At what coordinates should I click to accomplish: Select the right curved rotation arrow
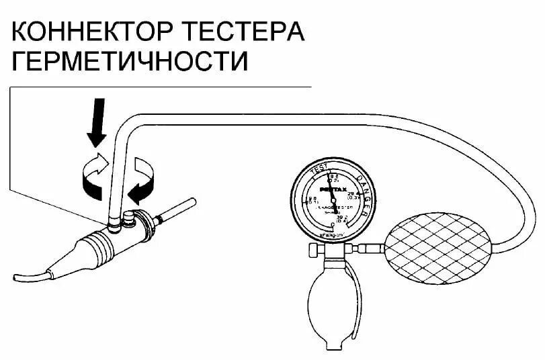click(143, 178)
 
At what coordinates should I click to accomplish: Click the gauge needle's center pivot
click(333, 200)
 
